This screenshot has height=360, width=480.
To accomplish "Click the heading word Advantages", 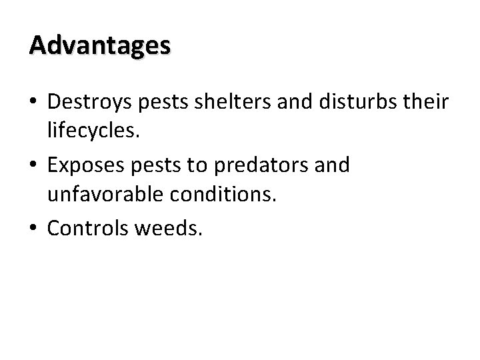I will point(100,45).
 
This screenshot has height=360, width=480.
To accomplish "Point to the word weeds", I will point(171,229).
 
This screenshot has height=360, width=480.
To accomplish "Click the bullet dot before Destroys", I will point(33,102).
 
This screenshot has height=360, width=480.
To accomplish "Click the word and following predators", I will point(331,165).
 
